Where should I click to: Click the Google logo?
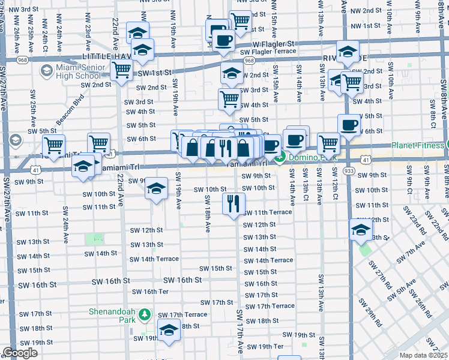(x=20, y=353)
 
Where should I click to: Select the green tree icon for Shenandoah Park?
(x=144, y=314)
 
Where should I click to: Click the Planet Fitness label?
(x=418, y=145)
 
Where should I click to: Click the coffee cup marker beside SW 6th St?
(x=348, y=125)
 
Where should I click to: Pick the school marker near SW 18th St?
(x=169, y=329)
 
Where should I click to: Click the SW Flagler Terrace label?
(x=268, y=52)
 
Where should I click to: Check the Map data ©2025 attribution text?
(x=424, y=355)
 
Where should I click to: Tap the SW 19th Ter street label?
(x=265, y=347)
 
